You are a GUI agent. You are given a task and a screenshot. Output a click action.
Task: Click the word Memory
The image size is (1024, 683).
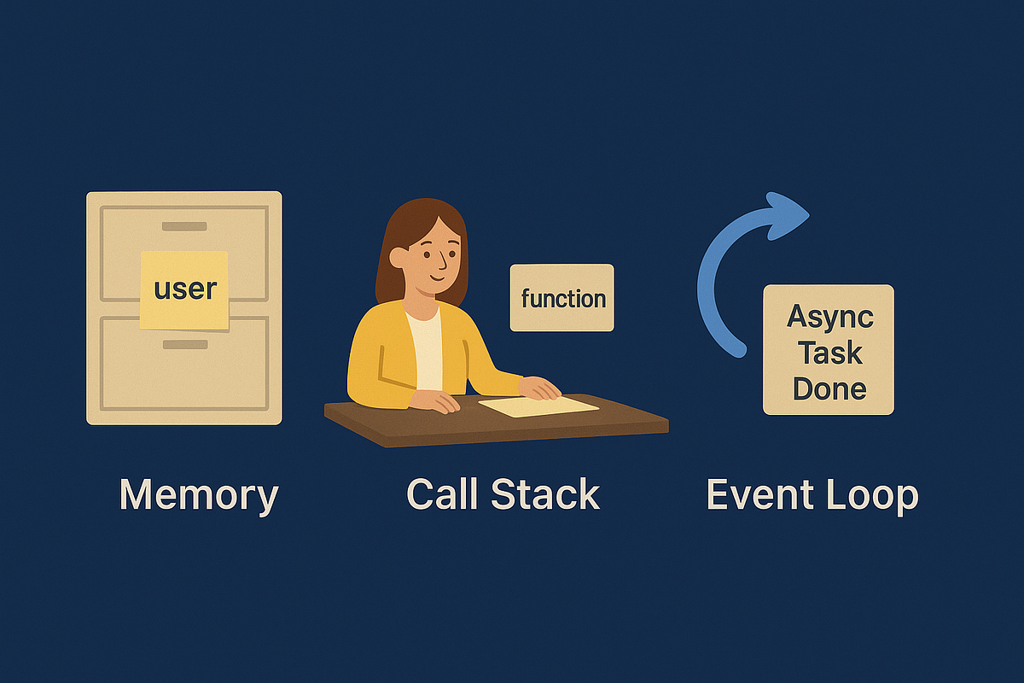[198, 495]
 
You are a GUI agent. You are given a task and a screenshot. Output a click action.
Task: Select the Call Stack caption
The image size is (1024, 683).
[503, 495]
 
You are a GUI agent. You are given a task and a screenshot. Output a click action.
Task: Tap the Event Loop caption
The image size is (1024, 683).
[812, 495]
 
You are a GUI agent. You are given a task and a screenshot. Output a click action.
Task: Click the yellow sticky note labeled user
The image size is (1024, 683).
[184, 289]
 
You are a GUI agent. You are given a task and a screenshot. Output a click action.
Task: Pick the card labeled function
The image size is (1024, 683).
[561, 298]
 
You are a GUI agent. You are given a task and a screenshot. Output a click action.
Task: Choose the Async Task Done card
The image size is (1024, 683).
[828, 350]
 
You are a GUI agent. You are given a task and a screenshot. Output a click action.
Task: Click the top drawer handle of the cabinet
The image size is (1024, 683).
[184, 226]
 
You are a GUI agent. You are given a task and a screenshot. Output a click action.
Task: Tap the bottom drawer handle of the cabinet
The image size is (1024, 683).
[184, 344]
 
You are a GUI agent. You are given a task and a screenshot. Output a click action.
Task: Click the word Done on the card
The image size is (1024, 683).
[829, 388]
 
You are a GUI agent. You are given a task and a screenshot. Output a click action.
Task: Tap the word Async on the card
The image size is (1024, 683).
[829, 316]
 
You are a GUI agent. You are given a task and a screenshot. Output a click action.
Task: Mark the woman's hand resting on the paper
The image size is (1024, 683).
[540, 389]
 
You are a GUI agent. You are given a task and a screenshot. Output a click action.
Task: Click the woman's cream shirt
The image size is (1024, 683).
[424, 350]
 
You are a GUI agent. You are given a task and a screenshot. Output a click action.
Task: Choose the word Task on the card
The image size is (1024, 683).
[829, 353]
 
